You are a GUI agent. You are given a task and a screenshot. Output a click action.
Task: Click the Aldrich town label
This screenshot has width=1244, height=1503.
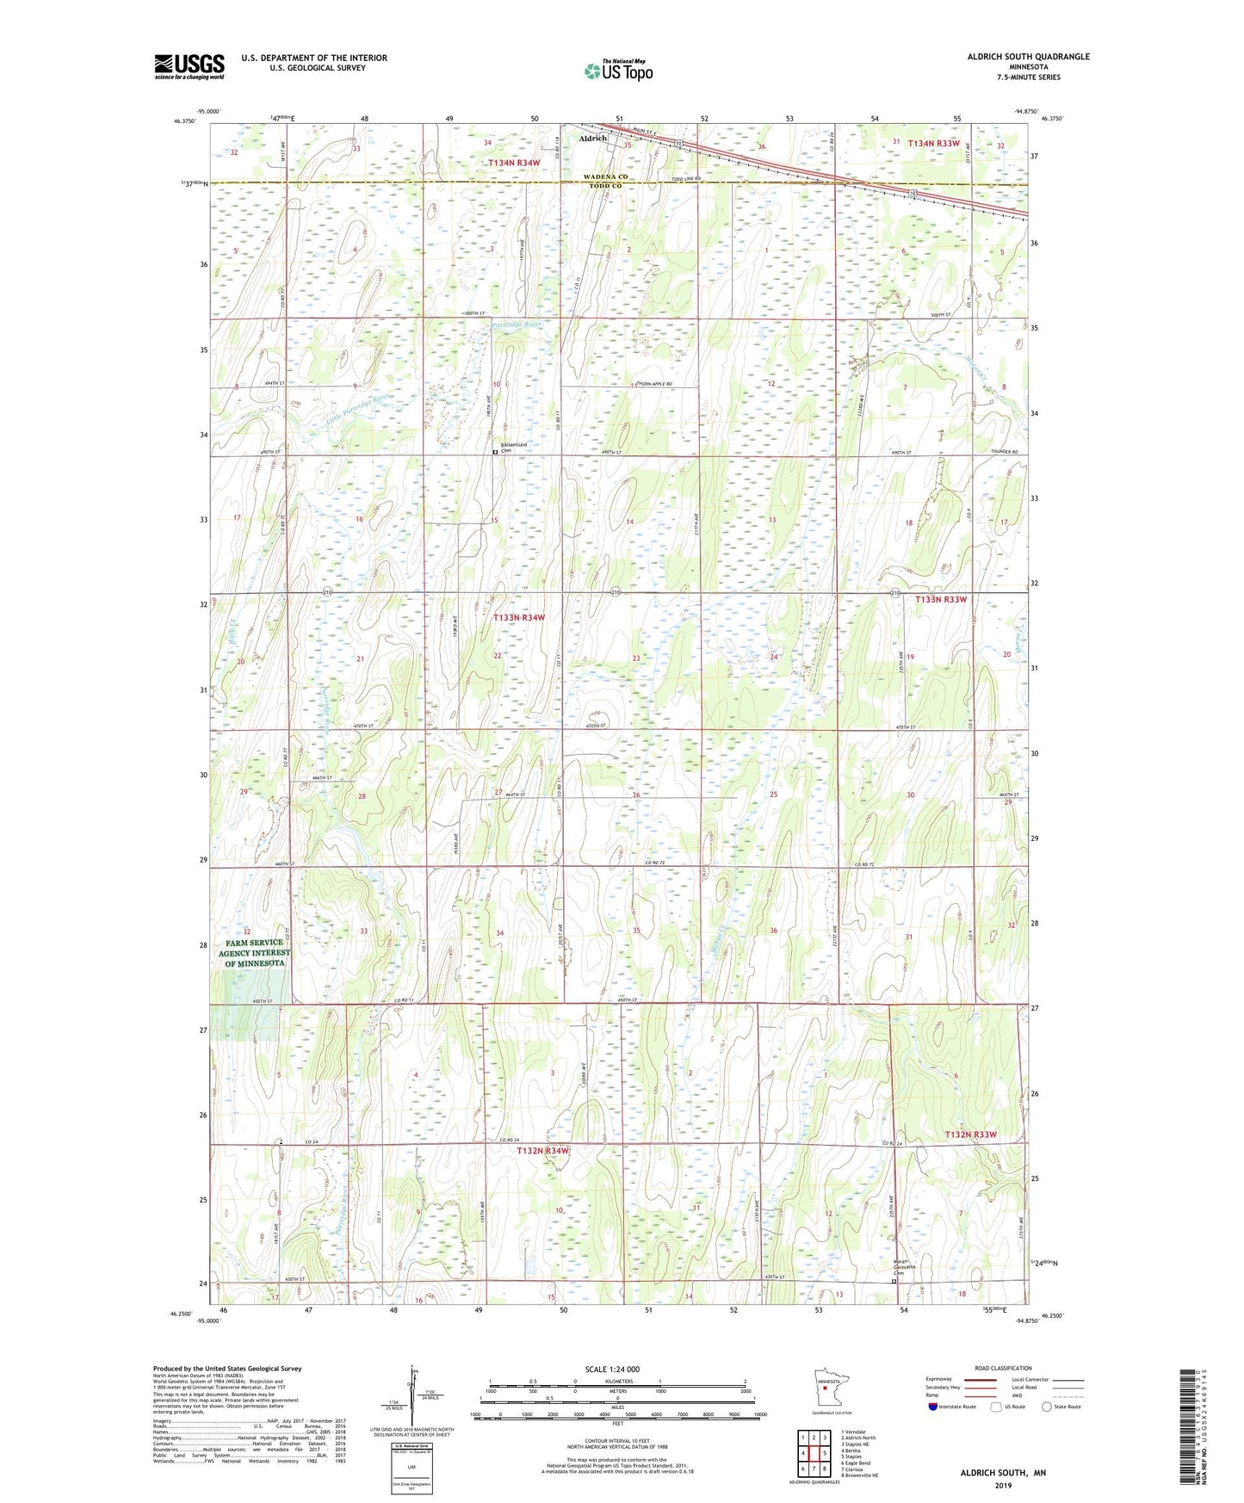[x=593, y=138]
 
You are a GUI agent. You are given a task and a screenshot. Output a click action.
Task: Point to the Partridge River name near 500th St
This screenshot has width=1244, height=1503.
[x=517, y=325]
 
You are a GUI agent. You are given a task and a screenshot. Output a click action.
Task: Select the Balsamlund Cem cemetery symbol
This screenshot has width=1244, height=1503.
[x=495, y=451]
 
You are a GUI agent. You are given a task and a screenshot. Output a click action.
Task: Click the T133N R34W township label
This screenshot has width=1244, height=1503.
[x=518, y=618]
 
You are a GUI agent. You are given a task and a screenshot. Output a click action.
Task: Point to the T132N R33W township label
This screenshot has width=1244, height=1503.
[x=970, y=1135]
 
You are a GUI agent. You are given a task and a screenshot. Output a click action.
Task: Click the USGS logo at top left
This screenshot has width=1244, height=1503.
[x=189, y=66]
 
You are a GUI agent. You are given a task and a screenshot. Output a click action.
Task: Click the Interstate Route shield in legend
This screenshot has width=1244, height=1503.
[x=934, y=1407]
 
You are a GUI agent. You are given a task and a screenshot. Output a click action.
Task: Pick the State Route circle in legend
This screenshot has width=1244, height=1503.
[x=1047, y=1407]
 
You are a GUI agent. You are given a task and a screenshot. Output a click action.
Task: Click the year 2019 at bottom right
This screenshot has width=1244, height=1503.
[x=1003, y=1485]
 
